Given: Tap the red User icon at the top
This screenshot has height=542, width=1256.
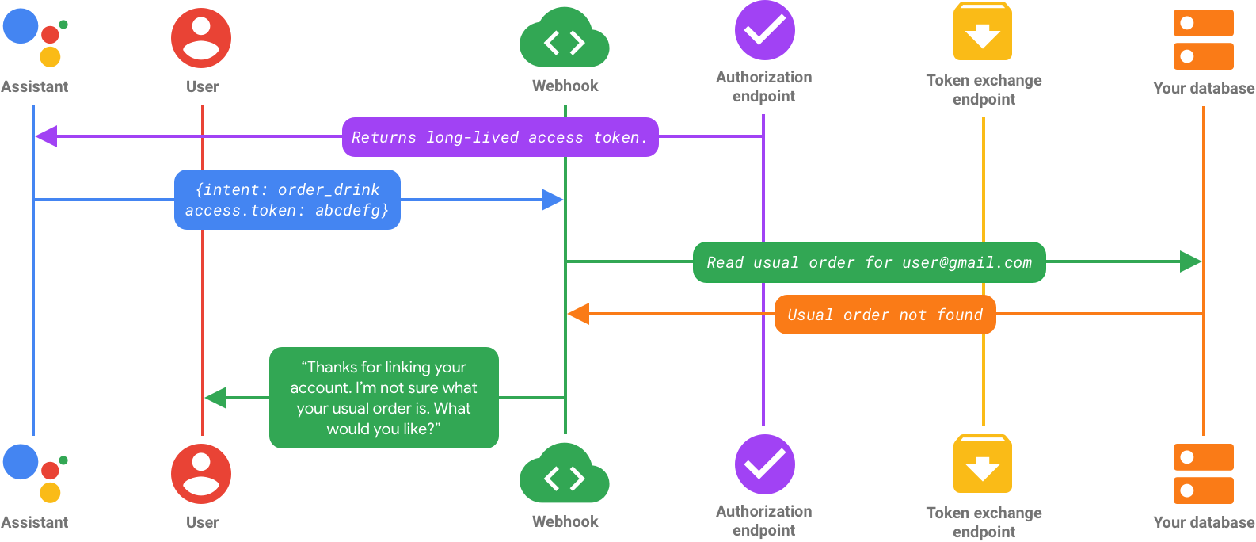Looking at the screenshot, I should pyautogui.click(x=201, y=37).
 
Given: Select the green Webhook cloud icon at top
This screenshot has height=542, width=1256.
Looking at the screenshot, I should pyautogui.click(x=564, y=40).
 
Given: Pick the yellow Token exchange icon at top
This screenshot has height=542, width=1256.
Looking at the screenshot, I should pyautogui.click(x=983, y=32).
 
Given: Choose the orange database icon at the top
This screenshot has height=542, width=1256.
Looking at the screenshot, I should pyautogui.click(x=1203, y=40).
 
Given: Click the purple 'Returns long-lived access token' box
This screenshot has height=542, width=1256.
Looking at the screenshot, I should pyautogui.click(x=500, y=137).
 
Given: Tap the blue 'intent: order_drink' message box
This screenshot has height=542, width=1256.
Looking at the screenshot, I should pyautogui.click(x=287, y=200).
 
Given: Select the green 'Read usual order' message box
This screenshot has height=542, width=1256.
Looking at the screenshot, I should pyautogui.click(x=869, y=262).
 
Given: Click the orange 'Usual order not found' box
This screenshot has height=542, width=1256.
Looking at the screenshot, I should pyautogui.click(x=885, y=315).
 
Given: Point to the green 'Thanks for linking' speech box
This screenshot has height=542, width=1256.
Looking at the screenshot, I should pyautogui.click(x=383, y=398).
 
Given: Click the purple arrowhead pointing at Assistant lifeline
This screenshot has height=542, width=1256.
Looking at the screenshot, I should pyautogui.click(x=45, y=136).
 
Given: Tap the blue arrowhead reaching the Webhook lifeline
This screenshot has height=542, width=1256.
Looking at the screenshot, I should pyautogui.click(x=553, y=200).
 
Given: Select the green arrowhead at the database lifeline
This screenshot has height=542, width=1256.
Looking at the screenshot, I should pyautogui.click(x=1191, y=261).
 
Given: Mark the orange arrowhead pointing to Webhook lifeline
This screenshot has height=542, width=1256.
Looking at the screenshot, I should pyautogui.click(x=578, y=314).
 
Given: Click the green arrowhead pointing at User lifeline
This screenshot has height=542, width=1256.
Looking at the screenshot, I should pyautogui.click(x=215, y=398).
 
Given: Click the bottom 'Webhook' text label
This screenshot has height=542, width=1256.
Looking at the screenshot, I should pyautogui.click(x=565, y=521).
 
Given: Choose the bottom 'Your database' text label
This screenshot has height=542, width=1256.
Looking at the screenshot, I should pyautogui.click(x=1204, y=522).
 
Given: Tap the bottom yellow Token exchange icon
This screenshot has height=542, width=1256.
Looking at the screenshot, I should pyautogui.click(x=983, y=464).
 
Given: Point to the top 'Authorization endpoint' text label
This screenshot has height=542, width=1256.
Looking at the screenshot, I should pyautogui.click(x=764, y=86).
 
